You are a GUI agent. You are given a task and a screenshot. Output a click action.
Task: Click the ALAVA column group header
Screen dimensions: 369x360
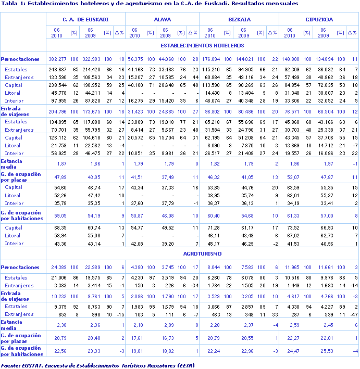tap(163, 20)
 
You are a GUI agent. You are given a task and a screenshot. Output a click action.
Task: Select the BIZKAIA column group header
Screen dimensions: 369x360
tap(239, 20)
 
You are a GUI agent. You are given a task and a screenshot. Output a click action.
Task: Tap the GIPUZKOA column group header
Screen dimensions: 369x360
tap(319, 20)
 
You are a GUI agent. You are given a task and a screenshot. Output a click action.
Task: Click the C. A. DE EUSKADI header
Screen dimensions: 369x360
tap(85, 20)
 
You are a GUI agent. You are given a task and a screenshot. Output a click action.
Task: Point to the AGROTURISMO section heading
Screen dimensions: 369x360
tap(203, 253)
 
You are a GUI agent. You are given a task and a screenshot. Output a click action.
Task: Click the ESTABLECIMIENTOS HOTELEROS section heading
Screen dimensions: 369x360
tap(203, 45)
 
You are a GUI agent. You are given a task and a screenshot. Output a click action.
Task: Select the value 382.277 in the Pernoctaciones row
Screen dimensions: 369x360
tap(58, 59)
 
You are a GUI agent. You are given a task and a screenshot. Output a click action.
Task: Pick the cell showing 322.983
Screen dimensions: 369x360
tap(91, 59)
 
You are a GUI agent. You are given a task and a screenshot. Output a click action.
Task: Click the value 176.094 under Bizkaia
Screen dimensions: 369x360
tap(211, 59)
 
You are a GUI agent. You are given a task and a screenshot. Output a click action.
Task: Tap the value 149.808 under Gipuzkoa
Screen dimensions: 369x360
tap(292, 59)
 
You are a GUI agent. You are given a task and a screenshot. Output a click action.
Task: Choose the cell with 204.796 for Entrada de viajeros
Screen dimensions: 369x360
tap(58, 112)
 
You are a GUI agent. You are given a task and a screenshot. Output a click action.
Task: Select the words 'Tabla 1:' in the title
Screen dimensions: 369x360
tap(11, 4)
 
